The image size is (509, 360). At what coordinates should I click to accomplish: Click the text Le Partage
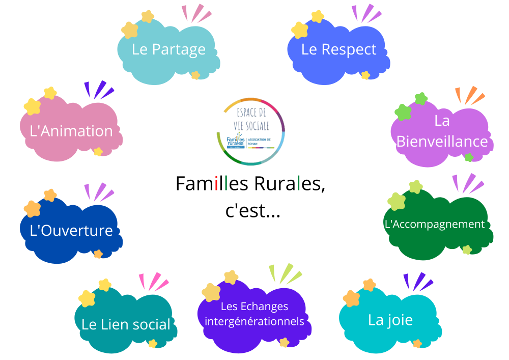(x=168, y=49)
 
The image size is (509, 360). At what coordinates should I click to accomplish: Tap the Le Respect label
(x=338, y=49)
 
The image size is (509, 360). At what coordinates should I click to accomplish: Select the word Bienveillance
(x=442, y=141)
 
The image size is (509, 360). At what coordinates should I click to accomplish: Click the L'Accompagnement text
(x=434, y=224)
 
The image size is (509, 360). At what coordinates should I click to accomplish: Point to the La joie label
(x=390, y=320)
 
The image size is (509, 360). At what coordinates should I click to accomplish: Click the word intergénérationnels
(x=254, y=321)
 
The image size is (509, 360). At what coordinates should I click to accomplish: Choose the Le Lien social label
(x=126, y=324)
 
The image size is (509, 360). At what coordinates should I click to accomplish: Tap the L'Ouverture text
(x=71, y=230)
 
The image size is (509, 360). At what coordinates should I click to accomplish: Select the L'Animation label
(x=71, y=131)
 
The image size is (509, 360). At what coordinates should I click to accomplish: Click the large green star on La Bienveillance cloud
(x=403, y=112)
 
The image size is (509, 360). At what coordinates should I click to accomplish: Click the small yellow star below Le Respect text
(x=365, y=75)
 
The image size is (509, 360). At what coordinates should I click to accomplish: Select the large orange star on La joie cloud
(x=351, y=298)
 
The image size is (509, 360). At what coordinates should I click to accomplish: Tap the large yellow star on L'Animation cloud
(x=32, y=106)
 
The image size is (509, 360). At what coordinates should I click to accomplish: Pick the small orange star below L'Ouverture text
(x=98, y=254)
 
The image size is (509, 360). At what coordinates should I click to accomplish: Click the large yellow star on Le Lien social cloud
(x=87, y=298)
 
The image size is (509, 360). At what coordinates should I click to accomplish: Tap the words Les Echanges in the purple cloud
(x=254, y=307)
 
